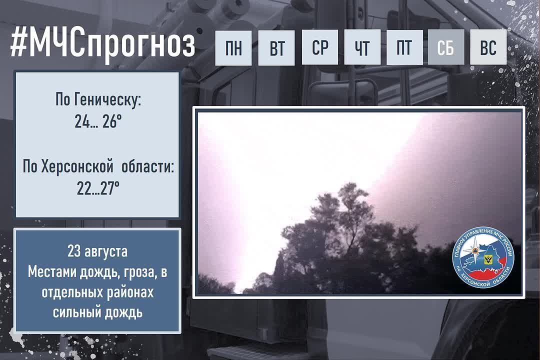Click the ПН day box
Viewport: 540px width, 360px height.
click(x=233, y=47)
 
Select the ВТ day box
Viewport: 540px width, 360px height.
click(x=276, y=47)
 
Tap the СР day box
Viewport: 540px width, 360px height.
click(x=320, y=47)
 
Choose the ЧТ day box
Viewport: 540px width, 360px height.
click(x=362, y=47)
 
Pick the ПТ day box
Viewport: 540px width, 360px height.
click(x=404, y=47)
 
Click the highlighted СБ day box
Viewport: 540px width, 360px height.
click(x=446, y=47)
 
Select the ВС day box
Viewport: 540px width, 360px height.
click(x=488, y=47)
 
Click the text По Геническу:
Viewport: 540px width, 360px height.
click(x=98, y=100)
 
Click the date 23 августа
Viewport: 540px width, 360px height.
click(x=97, y=251)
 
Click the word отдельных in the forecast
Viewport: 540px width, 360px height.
click(x=72, y=293)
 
